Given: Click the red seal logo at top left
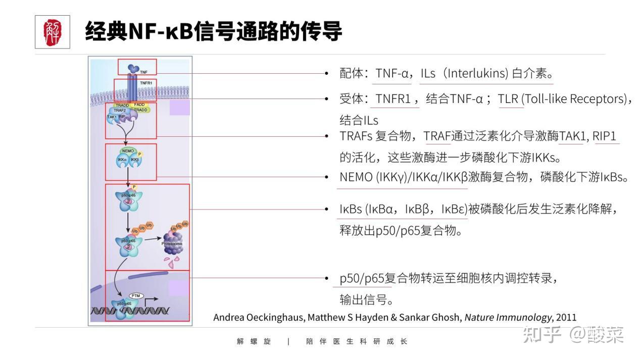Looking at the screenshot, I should tap(53, 32).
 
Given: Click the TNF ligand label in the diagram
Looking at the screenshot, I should tap(144, 73).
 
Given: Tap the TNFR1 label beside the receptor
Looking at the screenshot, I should tap(146, 82).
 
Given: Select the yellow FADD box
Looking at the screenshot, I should tap(139, 105).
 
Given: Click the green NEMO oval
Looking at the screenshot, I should tap(128, 150).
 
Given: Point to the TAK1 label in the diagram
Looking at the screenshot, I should tap(112, 117).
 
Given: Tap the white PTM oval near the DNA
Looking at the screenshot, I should tap(135, 295).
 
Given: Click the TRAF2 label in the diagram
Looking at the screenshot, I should tap(120, 110).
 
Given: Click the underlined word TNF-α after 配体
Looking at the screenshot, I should tap(392, 74).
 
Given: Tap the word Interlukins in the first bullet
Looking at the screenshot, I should tap(478, 74).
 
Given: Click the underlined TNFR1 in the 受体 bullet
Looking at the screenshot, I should tap(393, 99).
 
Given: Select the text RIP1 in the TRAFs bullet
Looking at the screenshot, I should tap(606, 136).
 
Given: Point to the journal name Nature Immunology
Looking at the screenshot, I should tap(508, 318).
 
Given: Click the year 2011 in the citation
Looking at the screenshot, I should tap(566, 318).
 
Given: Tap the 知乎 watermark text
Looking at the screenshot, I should tap(543, 334).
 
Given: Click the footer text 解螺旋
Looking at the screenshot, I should tap(254, 341).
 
